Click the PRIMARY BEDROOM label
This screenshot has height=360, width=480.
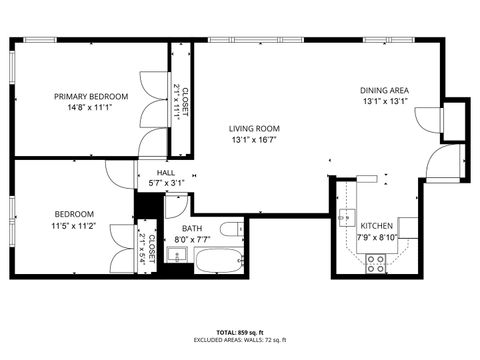click(91, 96)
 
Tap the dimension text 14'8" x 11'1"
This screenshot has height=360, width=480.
click(91, 107)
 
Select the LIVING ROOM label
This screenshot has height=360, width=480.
click(253, 128)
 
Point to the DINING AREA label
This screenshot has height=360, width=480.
click(385, 90)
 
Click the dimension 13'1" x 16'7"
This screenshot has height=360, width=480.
click(253, 139)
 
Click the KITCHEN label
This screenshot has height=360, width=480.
click(377, 226)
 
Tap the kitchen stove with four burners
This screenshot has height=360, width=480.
click(377, 263)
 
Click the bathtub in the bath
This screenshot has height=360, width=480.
click(213, 263)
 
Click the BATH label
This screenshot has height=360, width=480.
click(192, 229)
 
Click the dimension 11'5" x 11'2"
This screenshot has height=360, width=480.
click(74, 226)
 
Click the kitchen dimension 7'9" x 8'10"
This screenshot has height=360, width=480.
click(377, 237)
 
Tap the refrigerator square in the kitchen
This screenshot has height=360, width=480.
click(408, 226)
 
